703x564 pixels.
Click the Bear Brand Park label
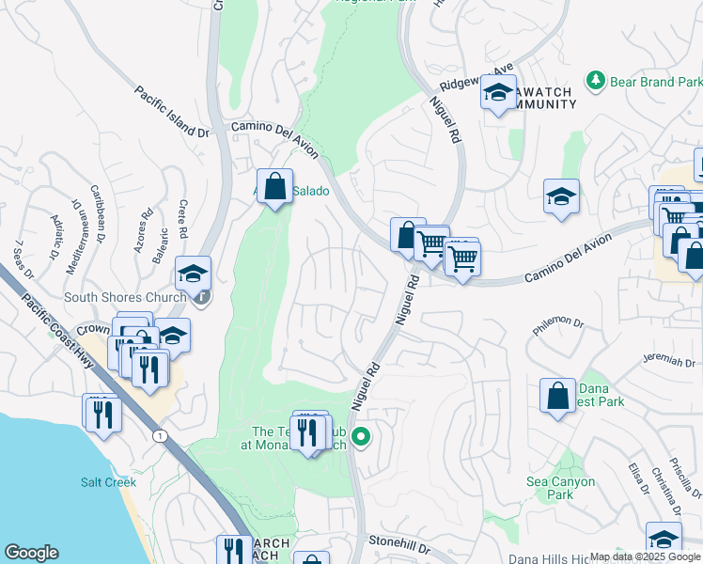[x=656, y=83]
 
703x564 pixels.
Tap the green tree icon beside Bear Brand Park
[x=595, y=82]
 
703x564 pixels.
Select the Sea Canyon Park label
[x=560, y=488]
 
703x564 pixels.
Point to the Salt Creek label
[x=108, y=482]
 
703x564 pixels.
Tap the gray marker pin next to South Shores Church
[x=202, y=298]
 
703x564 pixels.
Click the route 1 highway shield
[x=159, y=435]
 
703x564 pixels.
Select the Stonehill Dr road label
[x=398, y=544]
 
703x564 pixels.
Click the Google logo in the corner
[x=31, y=553]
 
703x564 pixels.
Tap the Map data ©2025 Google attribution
[x=645, y=556]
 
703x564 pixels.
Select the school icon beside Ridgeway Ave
[x=498, y=92]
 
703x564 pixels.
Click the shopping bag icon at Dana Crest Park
[x=557, y=396]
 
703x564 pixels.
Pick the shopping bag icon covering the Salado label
[x=274, y=187]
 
